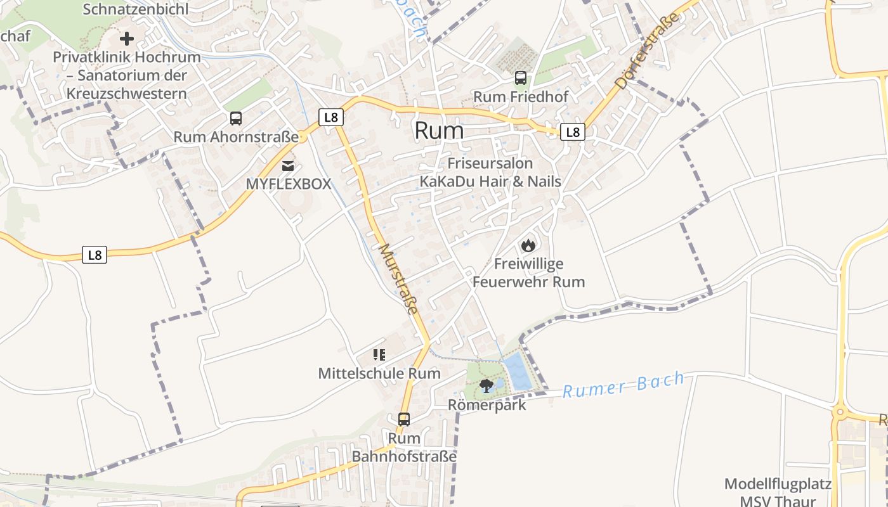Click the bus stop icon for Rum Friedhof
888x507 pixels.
(x=521, y=78)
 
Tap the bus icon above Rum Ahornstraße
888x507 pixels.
(x=236, y=118)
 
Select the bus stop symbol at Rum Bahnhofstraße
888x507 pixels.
(x=404, y=419)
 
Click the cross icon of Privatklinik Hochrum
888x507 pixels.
(x=127, y=39)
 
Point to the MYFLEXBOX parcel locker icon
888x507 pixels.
(x=289, y=166)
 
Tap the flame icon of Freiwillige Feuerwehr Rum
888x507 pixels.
(x=528, y=245)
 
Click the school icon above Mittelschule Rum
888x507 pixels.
(x=379, y=355)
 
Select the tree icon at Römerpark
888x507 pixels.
(x=486, y=385)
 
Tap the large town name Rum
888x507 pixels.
(x=439, y=131)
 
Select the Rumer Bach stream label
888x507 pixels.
(x=624, y=385)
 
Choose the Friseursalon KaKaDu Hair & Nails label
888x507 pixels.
(x=490, y=172)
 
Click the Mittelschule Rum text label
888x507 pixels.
(x=379, y=373)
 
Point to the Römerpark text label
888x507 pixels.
(x=487, y=404)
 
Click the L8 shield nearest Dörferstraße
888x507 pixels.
(x=573, y=132)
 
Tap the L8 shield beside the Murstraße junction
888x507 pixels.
(x=330, y=117)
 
